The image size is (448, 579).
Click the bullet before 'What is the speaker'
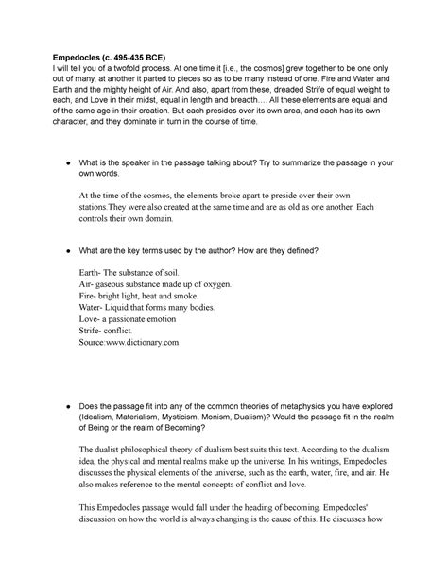(59, 166)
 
